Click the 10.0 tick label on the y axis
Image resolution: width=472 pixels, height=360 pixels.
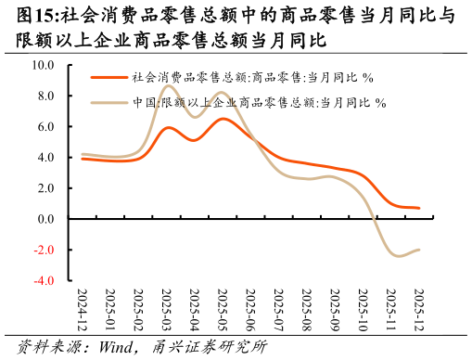pyautogui.click(x=43, y=66)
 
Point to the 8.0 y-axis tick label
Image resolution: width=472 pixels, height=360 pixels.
pyautogui.click(x=45, y=96)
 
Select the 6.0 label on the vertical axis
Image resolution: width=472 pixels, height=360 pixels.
pyautogui.click(x=45, y=127)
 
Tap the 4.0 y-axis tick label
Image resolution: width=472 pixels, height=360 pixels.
pyautogui.click(x=45, y=158)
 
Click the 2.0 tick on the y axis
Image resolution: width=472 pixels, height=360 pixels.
pyautogui.click(x=45, y=188)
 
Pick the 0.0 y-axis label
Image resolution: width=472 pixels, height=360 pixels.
pyautogui.click(x=45, y=219)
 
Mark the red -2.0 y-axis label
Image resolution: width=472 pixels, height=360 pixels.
pyautogui.click(x=44, y=250)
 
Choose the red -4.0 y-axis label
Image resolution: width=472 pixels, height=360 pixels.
pyautogui.click(x=44, y=280)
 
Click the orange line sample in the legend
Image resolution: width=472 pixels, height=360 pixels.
pyautogui.click(x=108, y=78)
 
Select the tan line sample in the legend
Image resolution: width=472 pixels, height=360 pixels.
pyautogui.click(x=108, y=103)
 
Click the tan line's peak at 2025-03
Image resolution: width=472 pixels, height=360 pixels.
pyautogui.click(x=170, y=87)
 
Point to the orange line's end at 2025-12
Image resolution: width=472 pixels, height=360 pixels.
pyautogui.click(x=419, y=208)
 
